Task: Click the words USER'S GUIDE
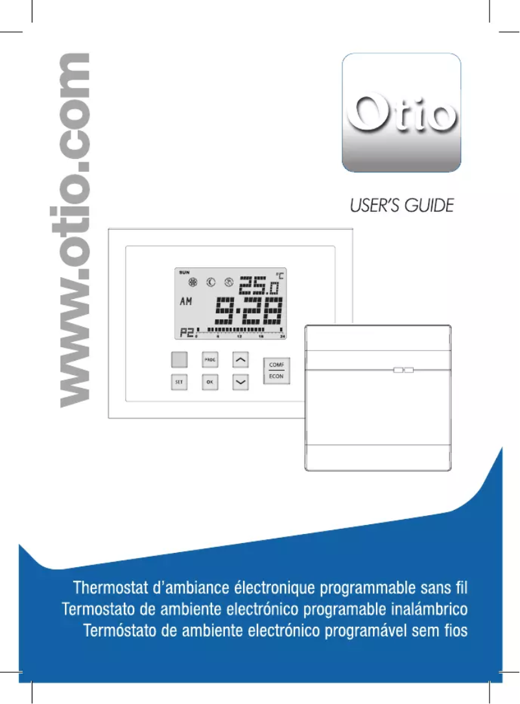402,206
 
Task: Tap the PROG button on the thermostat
209,359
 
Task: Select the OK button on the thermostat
209,382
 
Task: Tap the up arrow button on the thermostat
241,359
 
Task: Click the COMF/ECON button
276,370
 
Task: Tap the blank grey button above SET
179,359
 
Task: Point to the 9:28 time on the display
250,312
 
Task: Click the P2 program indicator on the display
186,333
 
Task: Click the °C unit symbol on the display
279,274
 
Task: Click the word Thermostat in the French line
112,589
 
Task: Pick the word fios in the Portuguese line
454,630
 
